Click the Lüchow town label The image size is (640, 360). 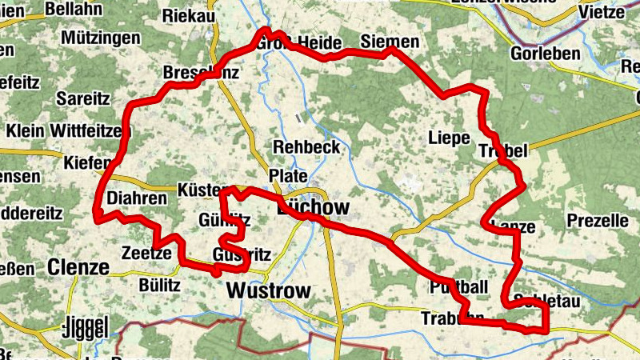[x=313, y=208]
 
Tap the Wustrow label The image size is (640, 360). [x=267, y=290]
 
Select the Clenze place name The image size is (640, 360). [x=78, y=266]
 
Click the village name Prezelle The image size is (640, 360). [x=597, y=220]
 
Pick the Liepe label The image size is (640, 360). [x=449, y=137]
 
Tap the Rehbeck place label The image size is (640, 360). [x=306, y=147]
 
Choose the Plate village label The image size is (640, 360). [x=288, y=175]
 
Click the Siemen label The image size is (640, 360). [x=390, y=42]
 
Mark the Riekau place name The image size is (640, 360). [x=189, y=16]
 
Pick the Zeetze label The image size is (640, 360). [x=146, y=253]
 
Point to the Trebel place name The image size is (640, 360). [x=502, y=151]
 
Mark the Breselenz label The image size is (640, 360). [x=201, y=73]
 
